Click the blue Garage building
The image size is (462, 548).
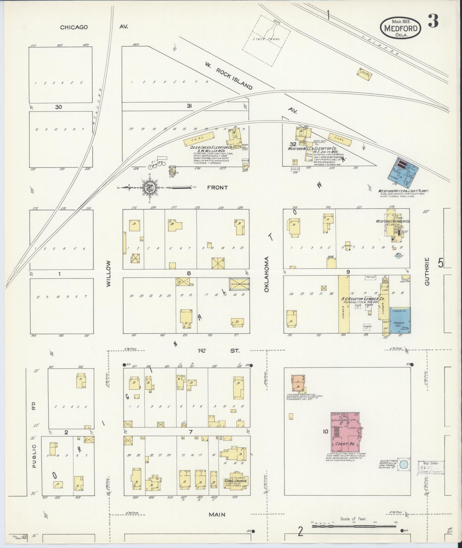[x=400, y=320]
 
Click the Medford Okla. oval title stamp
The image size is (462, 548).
[x=400, y=28]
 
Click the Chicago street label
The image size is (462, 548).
[x=74, y=27]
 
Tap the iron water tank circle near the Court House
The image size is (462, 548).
[x=404, y=465]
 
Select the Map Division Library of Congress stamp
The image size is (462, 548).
[x=430, y=468]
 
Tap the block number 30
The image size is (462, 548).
[x=58, y=107]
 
